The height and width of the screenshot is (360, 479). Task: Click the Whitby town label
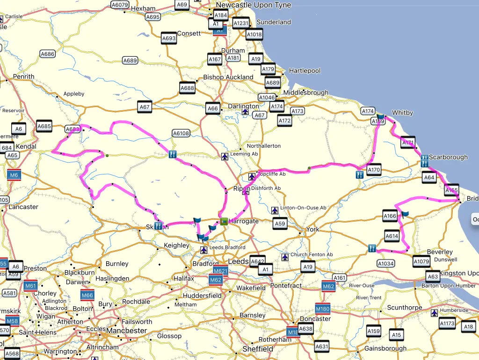[x=402, y=113]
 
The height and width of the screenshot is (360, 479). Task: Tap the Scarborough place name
[x=448, y=157]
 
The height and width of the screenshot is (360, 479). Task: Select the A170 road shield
[x=374, y=170]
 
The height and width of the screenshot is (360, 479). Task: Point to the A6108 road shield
[x=181, y=133]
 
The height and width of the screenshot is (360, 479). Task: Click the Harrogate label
[x=243, y=221]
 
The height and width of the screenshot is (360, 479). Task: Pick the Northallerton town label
[x=261, y=146]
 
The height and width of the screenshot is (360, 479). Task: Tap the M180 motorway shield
[x=323, y=309]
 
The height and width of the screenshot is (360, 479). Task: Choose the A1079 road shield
[x=421, y=262]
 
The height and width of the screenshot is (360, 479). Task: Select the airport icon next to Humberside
[x=435, y=312]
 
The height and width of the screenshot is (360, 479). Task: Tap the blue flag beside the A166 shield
[x=405, y=214]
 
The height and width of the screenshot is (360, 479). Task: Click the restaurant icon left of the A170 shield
[x=359, y=174]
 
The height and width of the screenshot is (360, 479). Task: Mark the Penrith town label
[x=24, y=76]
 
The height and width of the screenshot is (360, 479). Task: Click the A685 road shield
[x=44, y=126]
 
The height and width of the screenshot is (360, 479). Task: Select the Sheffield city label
[x=258, y=349]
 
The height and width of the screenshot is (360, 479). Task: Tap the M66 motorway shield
[x=87, y=295]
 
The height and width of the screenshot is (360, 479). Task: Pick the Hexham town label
[x=143, y=8]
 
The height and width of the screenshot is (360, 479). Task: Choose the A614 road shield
[x=392, y=237]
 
